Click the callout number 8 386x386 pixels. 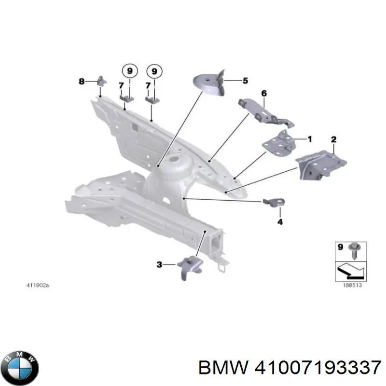click(x=82, y=82)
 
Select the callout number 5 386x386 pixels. click(x=245, y=81)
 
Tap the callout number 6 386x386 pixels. click(x=264, y=93)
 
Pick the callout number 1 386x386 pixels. click(x=310, y=139)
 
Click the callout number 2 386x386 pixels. click(x=333, y=139)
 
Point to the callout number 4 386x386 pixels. click(x=280, y=221)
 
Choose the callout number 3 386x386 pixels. click(x=160, y=264)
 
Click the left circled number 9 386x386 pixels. click(x=129, y=71)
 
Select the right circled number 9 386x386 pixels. click(x=154, y=71)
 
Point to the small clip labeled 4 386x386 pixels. click(x=274, y=203)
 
